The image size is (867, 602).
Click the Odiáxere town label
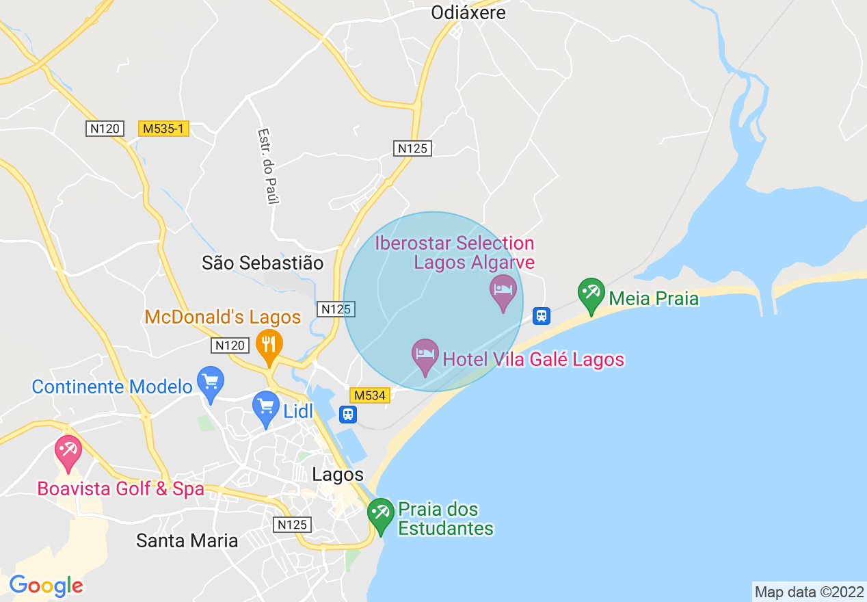click(x=468, y=12)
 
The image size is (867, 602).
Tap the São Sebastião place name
click(x=263, y=263)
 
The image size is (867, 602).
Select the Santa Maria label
click(x=187, y=540)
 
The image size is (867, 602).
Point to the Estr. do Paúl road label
click(x=268, y=166)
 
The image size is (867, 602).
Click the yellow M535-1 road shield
click(x=163, y=129)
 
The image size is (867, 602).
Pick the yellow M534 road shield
click(x=369, y=395)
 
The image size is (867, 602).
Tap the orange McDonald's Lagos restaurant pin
click(x=269, y=345)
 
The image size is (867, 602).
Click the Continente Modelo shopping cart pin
click(x=210, y=383)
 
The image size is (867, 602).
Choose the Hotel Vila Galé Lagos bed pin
click(x=425, y=355)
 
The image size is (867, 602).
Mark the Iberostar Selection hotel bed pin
click(x=503, y=291)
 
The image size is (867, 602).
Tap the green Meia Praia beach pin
click(x=591, y=294)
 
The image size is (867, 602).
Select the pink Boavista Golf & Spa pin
click(x=68, y=451)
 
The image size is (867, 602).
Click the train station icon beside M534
click(x=348, y=414)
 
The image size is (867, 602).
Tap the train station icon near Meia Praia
click(x=542, y=315)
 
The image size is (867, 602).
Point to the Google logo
click(x=46, y=586)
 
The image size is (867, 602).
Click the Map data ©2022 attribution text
click(x=809, y=592)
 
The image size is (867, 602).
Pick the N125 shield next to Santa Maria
click(x=293, y=525)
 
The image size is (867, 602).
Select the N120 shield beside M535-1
click(x=105, y=129)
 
